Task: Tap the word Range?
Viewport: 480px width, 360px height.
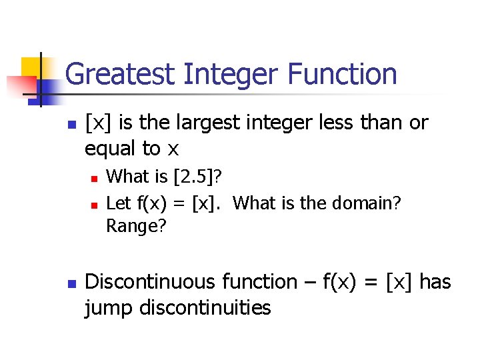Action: [137, 227]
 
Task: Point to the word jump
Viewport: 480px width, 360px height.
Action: [106, 307]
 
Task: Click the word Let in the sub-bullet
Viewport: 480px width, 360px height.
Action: [118, 203]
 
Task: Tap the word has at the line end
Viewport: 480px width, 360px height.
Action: [435, 282]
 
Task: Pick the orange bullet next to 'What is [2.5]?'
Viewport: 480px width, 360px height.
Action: [95, 179]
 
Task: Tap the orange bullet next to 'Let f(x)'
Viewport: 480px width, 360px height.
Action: [95, 204]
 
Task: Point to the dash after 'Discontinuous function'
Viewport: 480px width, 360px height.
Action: [309, 283]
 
